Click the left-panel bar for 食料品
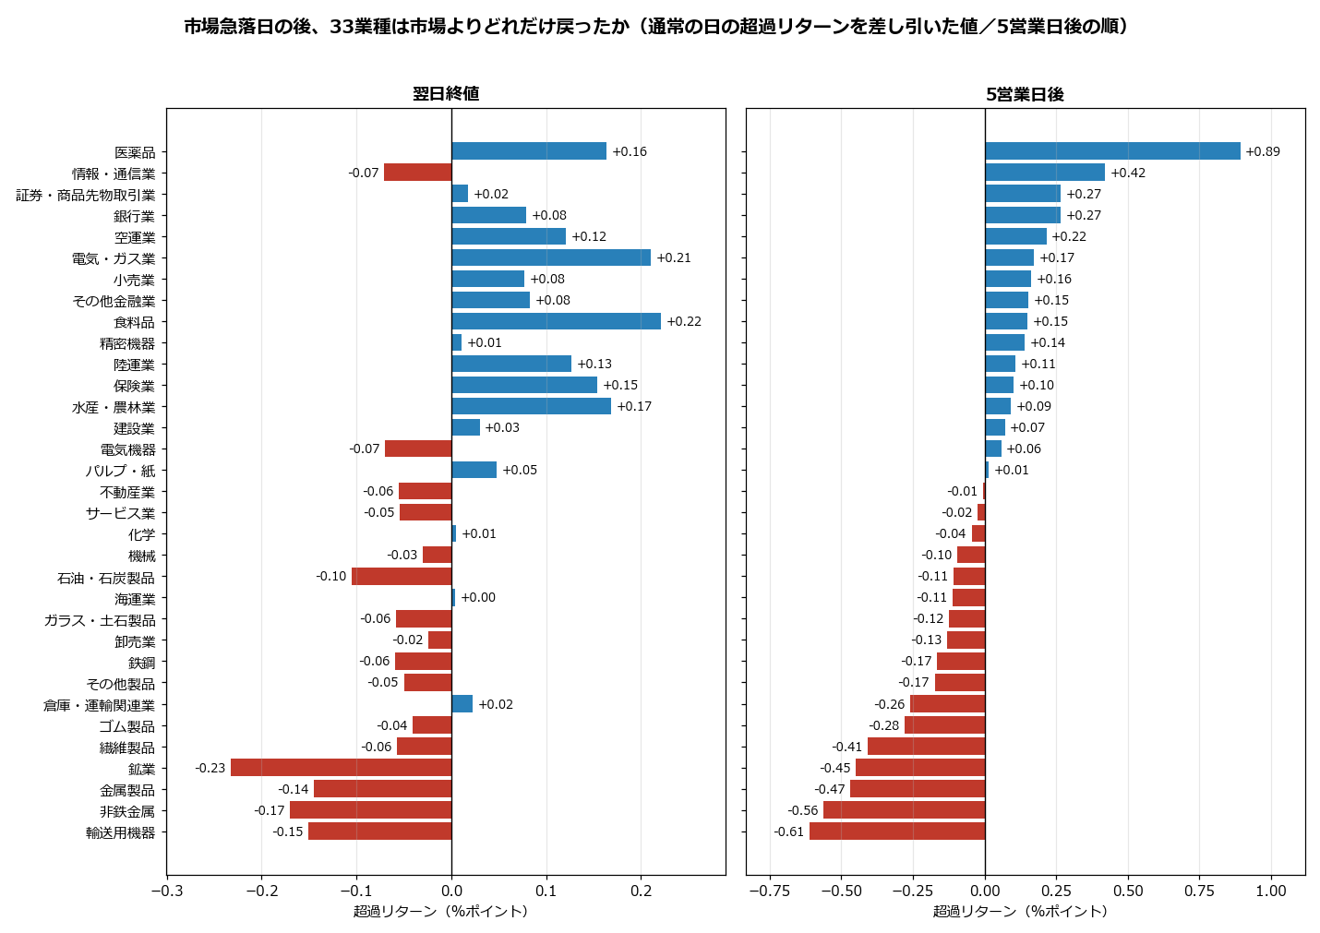pyautogui.click(x=557, y=321)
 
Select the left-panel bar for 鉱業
pyautogui.click(x=342, y=768)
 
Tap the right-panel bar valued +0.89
pyautogui.click(x=1112, y=150)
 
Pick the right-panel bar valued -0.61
pyautogui.click(x=897, y=831)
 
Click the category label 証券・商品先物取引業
pyautogui.click(x=86, y=195)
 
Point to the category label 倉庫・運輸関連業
pyautogui.click(x=99, y=705)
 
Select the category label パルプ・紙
pyautogui.click(x=120, y=471)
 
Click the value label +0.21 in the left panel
pyautogui.click(x=674, y=257)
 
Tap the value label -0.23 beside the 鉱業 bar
pyautogui.click(x=210, y=768)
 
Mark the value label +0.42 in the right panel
pyautogui.click(x=1128, y=173)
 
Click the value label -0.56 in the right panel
pyautogui.click(x=802, y=810)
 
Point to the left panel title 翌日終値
pyautogui.click(x=446, y=93)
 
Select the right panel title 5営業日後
pyautogui.click(x=1025, y=94)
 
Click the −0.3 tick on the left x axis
pyautogui.click(x=167, y=890)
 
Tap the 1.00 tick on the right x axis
pyautogui.click(x=1271, y=890)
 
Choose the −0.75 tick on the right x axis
pyautogui.click(x=769, y=890)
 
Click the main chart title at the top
pyautogui.click(x=655, y=27)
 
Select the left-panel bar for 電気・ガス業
pyautogui.click(x=552, y=257)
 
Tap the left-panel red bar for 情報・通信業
pyautogui.click(x=418, y=172)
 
